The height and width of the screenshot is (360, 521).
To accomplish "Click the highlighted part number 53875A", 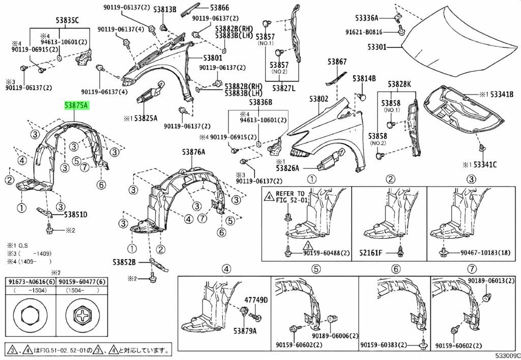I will [76, 105].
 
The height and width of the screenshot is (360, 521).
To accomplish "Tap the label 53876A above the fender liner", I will [192, 152].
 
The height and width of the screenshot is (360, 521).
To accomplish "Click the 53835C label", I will [67, 20].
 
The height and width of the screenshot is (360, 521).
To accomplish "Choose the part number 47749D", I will [255, 300].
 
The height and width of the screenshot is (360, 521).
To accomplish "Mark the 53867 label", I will [337, 62].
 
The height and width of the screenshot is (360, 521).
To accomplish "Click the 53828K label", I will [399, 84].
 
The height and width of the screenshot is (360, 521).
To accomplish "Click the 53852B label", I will [124, 262].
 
